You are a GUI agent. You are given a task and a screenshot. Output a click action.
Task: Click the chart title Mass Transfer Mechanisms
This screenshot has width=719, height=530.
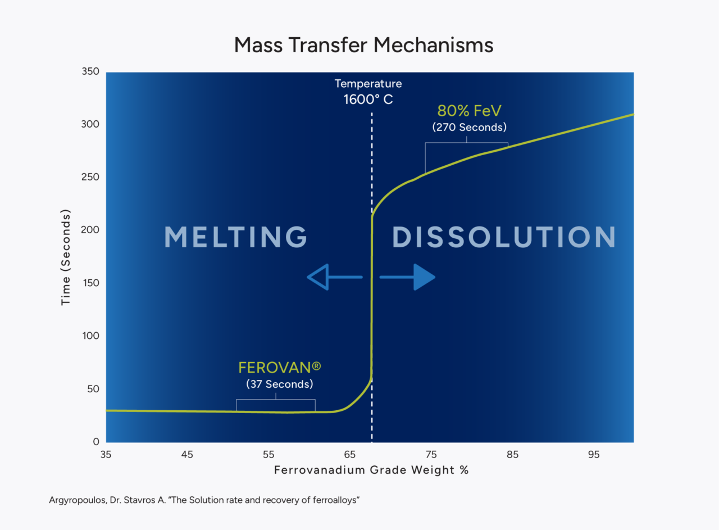pyautogui.click(x=363, y=45)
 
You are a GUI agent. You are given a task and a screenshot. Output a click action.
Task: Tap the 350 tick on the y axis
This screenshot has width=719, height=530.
pyautogui.click(x=91, y=72)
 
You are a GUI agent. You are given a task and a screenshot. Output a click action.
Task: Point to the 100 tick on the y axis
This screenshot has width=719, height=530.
pyautogui.click(x=91, y=336)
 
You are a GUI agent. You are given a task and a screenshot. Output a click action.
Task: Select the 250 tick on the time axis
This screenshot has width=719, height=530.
pyautogui.click(x=91, y=178)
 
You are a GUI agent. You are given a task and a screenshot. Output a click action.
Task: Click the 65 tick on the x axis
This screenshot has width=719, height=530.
pyautogui.click(x=349, y=455)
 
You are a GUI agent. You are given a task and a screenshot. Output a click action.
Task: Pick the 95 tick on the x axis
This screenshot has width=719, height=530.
pyautogui.click(x=594, y=455)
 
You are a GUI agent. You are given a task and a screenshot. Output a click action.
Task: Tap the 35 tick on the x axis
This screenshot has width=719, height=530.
pyautogui.click(x=106, y=455)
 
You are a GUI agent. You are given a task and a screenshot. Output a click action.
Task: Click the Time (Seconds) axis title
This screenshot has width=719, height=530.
pyautogui.click(x=66, y=257)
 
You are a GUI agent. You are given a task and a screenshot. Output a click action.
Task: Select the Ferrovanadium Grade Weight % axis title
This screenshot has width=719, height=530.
pyautogui.click(x=371, y=470)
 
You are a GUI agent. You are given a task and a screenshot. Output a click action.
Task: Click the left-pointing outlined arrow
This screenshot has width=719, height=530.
pyautogui.click(x=334, y=277)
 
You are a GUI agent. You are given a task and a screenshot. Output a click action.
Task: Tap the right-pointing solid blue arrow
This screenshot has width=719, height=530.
pyautogui.click(x=408, y=277)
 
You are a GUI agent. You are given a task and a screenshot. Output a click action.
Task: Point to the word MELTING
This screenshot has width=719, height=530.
pyautogui.click(x=236, y=237)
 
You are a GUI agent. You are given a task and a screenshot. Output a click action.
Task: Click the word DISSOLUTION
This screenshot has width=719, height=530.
pyautogui.click(x=504, y=237)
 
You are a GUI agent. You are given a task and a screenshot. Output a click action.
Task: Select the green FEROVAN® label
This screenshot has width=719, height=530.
pyautogui.click(x=280, y=368)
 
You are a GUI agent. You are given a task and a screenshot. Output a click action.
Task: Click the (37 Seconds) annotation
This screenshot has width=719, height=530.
pyautogui.click(x=280, y=384)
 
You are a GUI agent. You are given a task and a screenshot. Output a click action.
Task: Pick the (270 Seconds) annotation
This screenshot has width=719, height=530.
pyautogui.click(x=469, y=128)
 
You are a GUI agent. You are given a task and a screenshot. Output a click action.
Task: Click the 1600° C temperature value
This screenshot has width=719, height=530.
pyautogui.click(x=368, y=100)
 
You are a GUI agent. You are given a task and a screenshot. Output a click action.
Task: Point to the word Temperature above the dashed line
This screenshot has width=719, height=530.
pyautogui.click(x=368, y=84)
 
